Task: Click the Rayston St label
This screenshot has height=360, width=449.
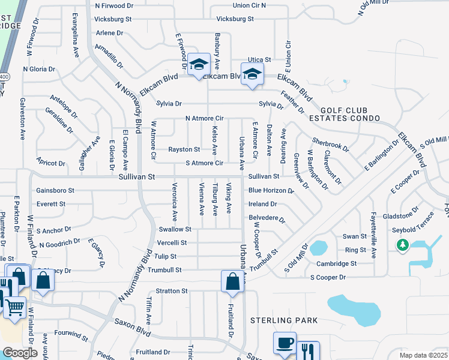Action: [x=184, y=149]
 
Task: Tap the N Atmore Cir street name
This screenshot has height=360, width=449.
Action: [x=204, y=119]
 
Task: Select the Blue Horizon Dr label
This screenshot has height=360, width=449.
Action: [x=271, y=191]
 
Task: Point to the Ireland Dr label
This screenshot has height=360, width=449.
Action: [x=262, y=204]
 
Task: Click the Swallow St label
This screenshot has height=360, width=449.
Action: [x=175, y=229]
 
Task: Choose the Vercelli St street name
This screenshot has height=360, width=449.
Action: [x=172, y=243]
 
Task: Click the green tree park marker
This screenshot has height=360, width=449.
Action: [x=403, y=245]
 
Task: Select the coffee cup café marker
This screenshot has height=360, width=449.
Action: [x=285, y=343]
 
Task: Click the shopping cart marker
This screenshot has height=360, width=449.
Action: [x=14, y=307]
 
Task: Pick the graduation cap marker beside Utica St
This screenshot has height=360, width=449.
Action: [x=253, y=74]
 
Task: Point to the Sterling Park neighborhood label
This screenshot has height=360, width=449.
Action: [x=284, y=321]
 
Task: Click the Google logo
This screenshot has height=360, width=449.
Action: [x=20, y=353]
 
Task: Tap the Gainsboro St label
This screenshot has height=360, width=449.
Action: [x=55, y=190]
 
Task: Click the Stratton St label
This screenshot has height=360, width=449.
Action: [x=172, y=291]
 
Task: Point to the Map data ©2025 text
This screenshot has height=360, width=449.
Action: [x=423, y=355]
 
